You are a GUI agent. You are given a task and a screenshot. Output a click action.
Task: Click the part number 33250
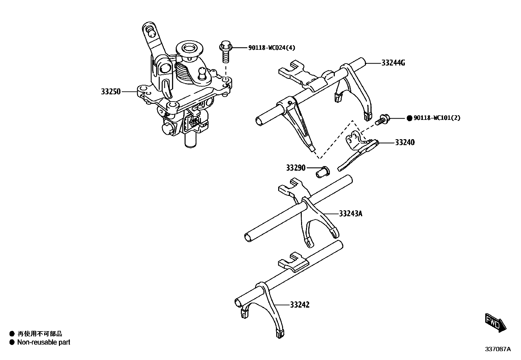(x=111, y=92)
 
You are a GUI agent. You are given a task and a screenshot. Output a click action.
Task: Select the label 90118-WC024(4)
(x=271, y=48)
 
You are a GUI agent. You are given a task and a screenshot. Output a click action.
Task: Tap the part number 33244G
(x=393, y=63)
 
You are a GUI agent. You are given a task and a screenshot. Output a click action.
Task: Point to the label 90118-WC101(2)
(x=437, y=118)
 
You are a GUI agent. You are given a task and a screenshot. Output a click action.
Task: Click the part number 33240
(x=404, y=142)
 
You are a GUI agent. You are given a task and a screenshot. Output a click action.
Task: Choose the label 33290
(x=296, y=168)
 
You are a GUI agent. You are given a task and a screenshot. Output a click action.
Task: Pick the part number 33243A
(x=350, y=214)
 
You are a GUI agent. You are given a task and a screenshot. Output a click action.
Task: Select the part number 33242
(x=299, y=305)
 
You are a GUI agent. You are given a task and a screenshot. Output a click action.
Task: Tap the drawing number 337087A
(x=497, y=349)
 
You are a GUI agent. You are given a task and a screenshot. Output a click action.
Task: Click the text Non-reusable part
(x=44, y=342)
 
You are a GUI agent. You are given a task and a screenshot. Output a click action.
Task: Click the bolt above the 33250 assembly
(x=225, y=50)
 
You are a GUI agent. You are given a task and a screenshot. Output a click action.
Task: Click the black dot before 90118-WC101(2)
(x=409, y=118)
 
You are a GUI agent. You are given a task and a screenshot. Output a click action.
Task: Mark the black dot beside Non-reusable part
(x=12, y=342)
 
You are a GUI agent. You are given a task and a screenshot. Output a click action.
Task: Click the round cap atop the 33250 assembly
(x=189, y=49)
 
